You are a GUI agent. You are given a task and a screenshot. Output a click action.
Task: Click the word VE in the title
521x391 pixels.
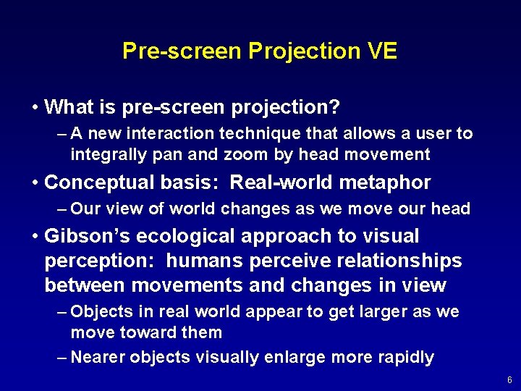(x=381, y=51)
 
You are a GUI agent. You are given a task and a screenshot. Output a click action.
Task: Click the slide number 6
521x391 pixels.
(x=509, y=380)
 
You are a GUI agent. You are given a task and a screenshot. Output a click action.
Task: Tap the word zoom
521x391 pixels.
(x=247, y=154)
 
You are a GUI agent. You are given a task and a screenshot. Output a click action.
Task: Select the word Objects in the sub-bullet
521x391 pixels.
(x=102, y=312)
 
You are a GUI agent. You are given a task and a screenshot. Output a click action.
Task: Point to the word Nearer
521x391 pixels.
(x=99, y=357)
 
